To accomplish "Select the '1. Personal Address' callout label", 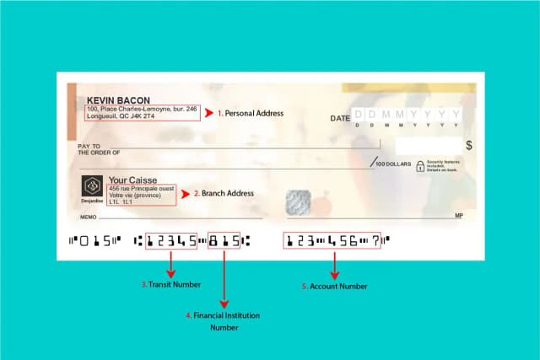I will pos(250,113).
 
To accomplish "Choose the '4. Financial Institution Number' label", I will pos(224,321).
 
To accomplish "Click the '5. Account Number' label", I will pos(335,286).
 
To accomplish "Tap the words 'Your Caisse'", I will pos(129,180).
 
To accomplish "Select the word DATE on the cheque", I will pos(340,119).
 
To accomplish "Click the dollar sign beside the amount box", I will pos(469,145).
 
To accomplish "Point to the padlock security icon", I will pos(419,167).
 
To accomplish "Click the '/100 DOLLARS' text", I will pos(393,163).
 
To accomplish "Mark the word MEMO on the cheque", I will pos(88,217).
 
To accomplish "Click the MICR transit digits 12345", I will pos(171,241).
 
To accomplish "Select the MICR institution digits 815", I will pos(224,241).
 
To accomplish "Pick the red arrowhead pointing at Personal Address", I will pos(210,112).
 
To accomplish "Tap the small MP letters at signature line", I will pos(459,217).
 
